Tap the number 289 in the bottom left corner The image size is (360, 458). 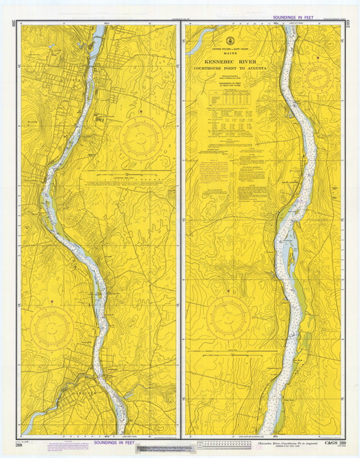(x=25, y=444)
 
